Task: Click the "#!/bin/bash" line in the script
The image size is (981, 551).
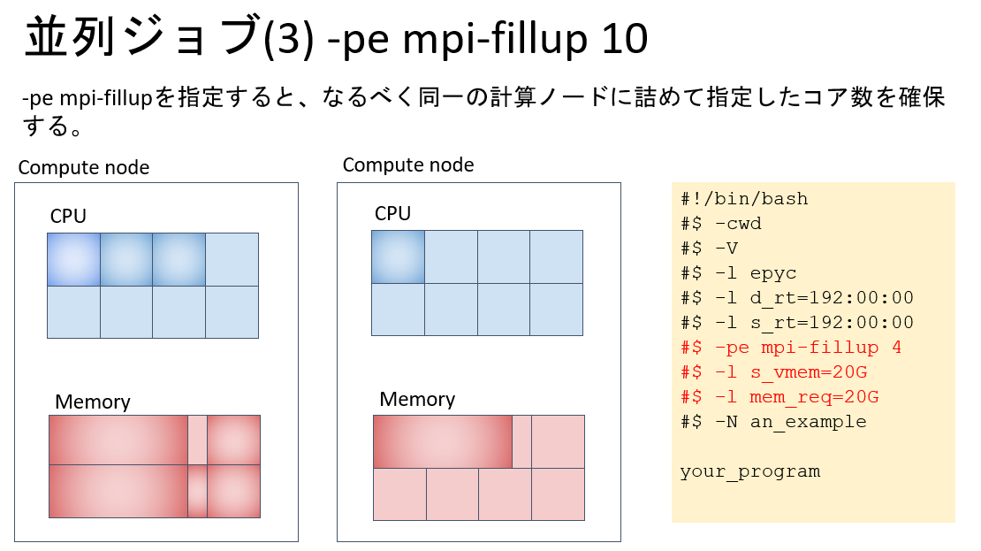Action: (x=744, y=199)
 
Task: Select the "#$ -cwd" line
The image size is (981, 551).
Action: (x=721, y=224)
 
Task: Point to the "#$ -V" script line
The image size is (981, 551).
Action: (x=709, y=249)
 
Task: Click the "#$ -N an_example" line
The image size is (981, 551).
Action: (x=773, y=422)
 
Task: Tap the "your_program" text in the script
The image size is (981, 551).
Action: (x=750, y=471)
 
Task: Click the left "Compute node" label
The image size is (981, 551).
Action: (x=84, y=168)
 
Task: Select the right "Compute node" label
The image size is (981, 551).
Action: (x=408, y=165)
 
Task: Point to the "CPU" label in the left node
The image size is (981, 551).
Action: (x=68, y=217)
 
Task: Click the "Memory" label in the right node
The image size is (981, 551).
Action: (x=417, y=400)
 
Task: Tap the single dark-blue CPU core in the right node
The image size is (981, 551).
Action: (x=398, y=256)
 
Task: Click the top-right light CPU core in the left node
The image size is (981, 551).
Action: (x=232, y=259)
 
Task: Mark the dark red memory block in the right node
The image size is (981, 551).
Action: (x=443, y=441)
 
